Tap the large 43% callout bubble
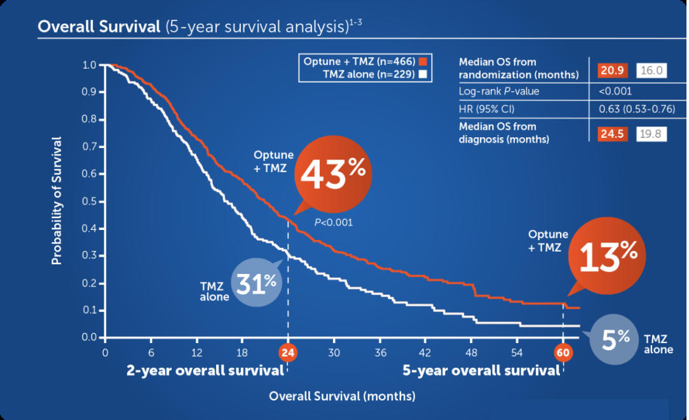332,177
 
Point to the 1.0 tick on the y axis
90,65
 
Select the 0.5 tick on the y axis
90,201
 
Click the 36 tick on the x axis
380,353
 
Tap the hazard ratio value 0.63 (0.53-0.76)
636,109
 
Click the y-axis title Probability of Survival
57,201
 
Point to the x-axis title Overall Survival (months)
342,396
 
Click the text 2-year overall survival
203,370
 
